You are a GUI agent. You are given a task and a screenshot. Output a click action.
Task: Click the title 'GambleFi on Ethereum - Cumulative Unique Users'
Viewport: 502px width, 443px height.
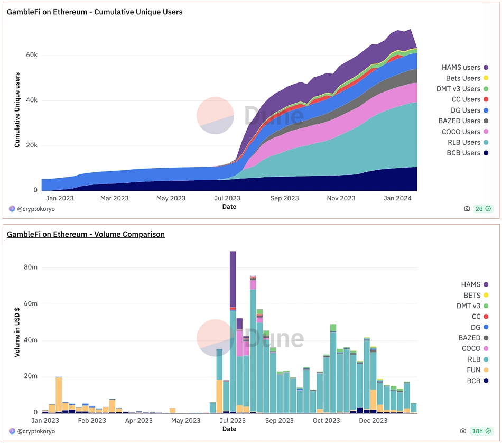pos(95,12)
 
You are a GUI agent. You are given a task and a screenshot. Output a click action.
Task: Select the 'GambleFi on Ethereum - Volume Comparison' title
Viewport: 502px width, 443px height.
pos(86,234)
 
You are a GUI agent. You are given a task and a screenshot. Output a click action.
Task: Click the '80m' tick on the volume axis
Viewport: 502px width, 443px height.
pos(31,267)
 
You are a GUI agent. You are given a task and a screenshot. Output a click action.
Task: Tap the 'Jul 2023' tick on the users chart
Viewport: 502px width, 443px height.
pos(228,199)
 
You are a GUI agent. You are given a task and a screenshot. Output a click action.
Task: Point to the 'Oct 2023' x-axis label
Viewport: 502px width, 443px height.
pos(326,421)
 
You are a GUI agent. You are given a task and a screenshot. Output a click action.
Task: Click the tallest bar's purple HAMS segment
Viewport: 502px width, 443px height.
pos(233,279)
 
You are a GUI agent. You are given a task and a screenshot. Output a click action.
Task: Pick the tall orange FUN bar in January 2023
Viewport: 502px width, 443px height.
pos(59,394)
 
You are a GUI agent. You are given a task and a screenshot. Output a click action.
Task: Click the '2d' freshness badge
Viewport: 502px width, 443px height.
pos(483,209)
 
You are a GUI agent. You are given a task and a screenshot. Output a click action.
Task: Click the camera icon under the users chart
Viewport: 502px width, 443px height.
pos(467,209)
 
